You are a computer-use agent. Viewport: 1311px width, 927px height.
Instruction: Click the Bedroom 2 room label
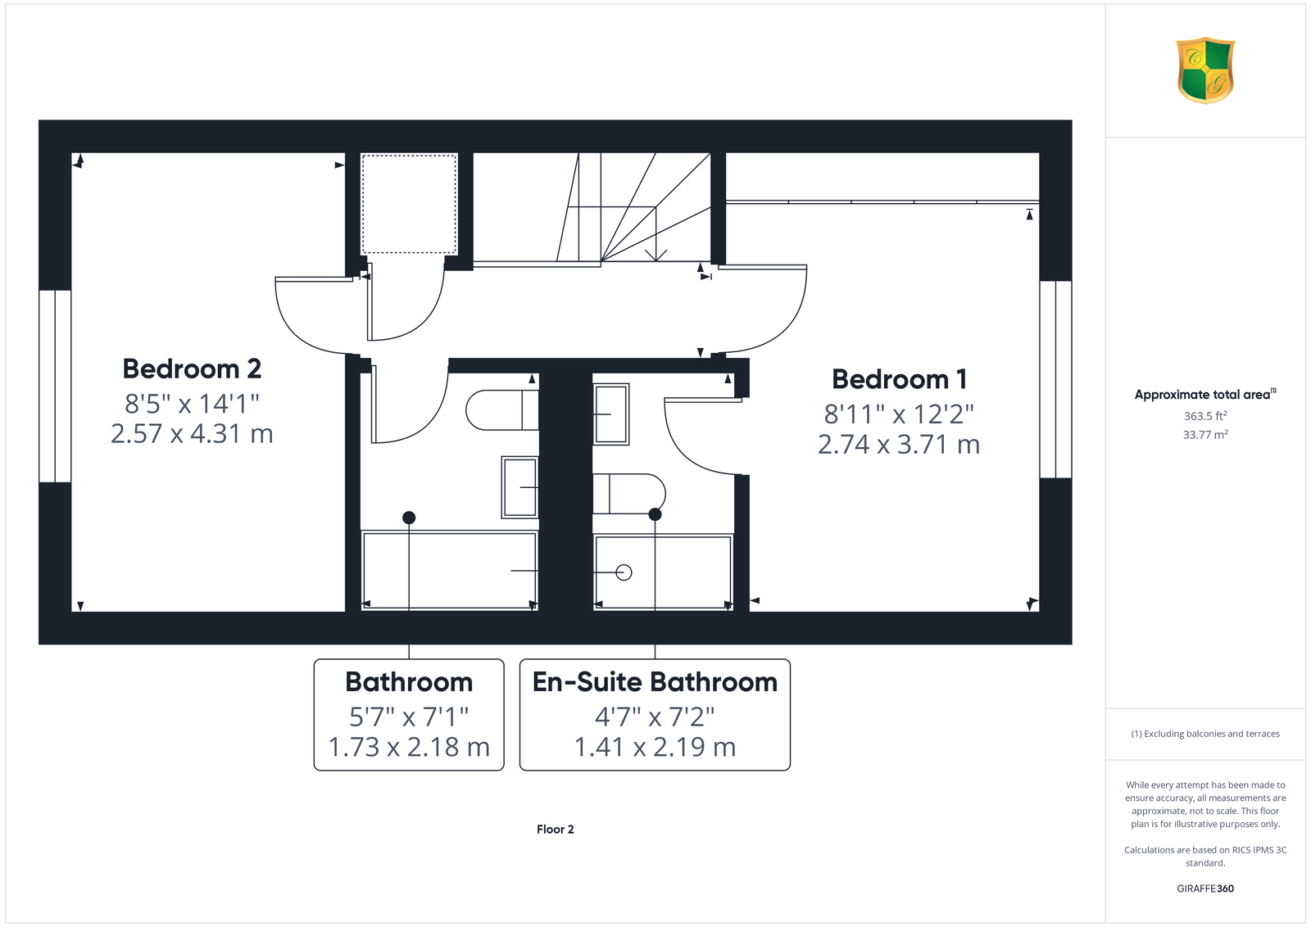192,369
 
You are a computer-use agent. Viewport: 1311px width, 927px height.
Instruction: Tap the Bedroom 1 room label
899,380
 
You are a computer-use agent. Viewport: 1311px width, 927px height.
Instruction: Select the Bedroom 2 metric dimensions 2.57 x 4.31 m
192,434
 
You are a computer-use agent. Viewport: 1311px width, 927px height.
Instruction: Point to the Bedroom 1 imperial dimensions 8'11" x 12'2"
899,414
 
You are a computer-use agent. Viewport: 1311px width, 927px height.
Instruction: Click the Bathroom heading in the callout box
409,682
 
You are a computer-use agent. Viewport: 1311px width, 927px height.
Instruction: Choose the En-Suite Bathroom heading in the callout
655,682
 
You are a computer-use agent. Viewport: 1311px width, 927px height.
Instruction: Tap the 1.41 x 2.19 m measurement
655,748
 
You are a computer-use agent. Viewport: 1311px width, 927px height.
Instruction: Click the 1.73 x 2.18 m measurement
409,748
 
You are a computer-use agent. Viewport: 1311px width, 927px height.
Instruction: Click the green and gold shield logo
1205,70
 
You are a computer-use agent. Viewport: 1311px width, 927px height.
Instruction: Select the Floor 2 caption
555,830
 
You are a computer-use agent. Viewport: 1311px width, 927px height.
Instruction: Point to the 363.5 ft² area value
1205,416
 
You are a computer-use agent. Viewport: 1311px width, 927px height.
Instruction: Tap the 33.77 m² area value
1205,435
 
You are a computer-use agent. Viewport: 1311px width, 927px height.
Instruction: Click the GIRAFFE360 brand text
1205,889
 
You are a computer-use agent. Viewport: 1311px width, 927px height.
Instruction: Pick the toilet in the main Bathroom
502,410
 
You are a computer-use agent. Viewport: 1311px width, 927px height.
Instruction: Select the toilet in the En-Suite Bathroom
629,494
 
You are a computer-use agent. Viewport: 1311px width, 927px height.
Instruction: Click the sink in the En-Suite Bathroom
611,414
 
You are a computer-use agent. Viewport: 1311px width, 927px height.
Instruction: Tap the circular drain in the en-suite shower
624,572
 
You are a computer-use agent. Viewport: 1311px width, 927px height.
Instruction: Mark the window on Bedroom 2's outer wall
55,386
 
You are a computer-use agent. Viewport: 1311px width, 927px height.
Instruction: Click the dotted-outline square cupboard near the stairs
409,204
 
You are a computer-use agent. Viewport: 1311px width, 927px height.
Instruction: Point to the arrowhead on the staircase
656,255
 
